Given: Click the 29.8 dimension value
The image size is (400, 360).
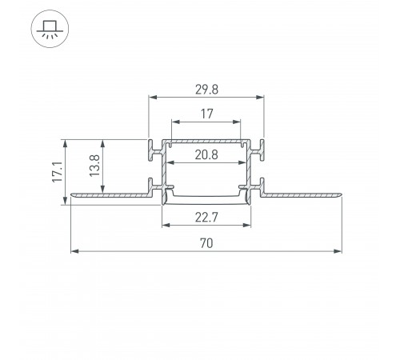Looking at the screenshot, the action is (206, 90).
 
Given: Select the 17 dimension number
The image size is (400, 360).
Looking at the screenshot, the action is (206, 114).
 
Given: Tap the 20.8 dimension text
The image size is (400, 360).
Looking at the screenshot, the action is (206, 154).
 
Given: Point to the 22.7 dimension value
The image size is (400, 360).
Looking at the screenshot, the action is (206, 218).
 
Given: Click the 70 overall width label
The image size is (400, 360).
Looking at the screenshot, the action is (206, 243).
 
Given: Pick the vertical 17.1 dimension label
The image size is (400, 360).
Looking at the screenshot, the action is (58, 172).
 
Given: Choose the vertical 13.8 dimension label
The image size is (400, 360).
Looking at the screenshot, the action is (94, 166).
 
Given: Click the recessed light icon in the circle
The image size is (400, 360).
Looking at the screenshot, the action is (50, 29).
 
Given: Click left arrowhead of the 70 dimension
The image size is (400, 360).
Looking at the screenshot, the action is (74, 251).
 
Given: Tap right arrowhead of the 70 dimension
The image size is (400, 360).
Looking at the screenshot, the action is (338, 251).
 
